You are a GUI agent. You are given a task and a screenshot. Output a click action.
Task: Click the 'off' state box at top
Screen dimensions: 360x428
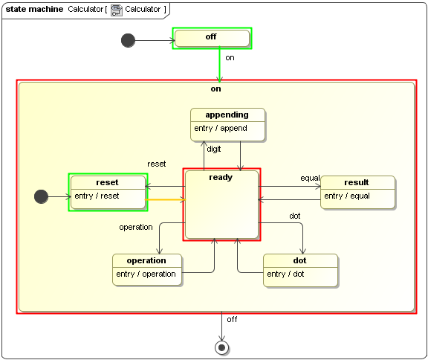212,39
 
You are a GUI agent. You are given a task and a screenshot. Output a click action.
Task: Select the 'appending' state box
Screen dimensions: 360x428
228,125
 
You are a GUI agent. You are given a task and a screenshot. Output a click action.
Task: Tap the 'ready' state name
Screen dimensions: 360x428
221,177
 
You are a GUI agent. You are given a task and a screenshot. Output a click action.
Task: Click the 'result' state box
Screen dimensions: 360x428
357,193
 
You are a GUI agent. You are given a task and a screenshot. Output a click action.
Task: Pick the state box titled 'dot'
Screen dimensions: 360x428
300,271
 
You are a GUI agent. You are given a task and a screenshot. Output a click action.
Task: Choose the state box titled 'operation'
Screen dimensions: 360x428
147,271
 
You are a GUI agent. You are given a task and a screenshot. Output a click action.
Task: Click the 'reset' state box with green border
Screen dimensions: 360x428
107,192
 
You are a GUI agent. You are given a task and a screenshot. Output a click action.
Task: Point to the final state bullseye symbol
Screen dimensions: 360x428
221,347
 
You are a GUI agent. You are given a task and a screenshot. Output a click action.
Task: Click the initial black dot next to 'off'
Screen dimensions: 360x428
128,40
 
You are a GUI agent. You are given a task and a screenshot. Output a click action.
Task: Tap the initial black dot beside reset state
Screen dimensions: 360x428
41,196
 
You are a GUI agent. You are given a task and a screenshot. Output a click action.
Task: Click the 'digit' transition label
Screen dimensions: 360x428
214,149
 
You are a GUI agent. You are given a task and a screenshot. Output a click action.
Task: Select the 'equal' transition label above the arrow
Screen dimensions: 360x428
310,178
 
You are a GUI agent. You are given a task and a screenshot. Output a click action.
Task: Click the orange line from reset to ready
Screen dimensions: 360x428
164,200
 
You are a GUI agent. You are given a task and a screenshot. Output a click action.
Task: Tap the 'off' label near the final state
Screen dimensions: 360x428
232,319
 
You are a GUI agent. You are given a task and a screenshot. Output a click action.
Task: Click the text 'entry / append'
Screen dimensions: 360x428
221,128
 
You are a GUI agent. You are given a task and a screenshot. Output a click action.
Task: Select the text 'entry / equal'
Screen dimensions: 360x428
348,196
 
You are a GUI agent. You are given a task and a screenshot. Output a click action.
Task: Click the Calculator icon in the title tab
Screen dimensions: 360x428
117,9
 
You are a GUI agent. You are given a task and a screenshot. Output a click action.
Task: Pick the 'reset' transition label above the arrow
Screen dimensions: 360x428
157,164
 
